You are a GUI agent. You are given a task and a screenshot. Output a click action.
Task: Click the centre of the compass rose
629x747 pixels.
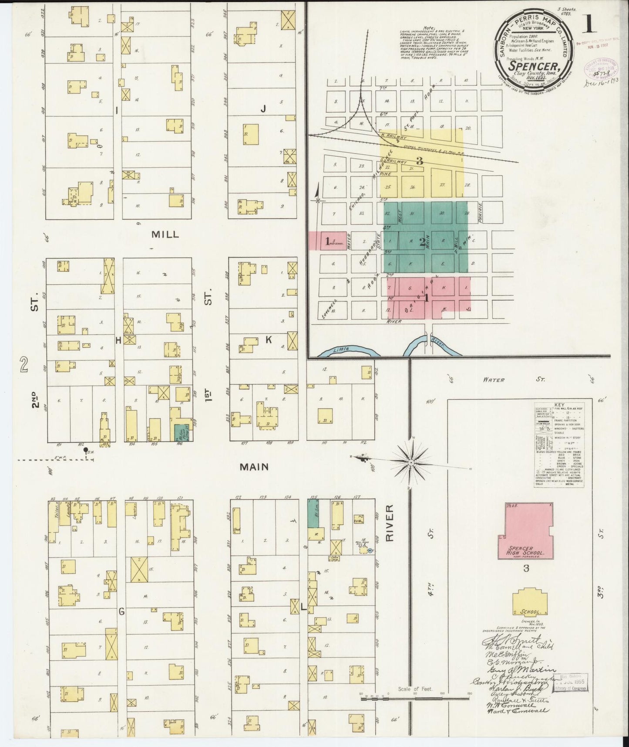click(410, 461)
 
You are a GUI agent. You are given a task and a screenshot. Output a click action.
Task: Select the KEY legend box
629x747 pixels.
click(558, 443)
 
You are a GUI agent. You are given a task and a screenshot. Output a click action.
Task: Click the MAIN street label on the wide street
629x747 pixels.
click(255, 467)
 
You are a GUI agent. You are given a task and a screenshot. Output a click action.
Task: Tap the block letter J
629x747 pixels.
click(263, 109)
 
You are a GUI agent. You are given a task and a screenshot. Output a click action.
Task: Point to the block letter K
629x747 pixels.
click(269, 340)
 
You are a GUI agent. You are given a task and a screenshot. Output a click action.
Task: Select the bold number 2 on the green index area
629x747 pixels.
click(422, 243)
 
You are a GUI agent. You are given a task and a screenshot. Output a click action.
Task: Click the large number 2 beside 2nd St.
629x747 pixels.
click(24, 364)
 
